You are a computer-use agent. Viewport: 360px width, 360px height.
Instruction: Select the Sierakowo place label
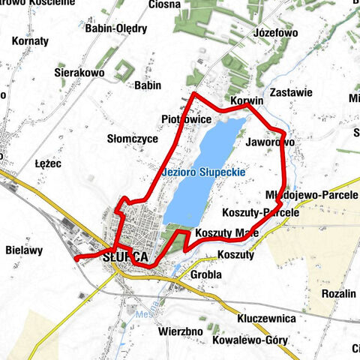point(79,73)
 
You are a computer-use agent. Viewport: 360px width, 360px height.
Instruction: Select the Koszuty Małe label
point(227,232)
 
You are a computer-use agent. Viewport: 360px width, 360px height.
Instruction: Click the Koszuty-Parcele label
point(261,212)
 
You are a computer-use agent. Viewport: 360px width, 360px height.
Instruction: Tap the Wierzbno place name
point(181,330)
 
